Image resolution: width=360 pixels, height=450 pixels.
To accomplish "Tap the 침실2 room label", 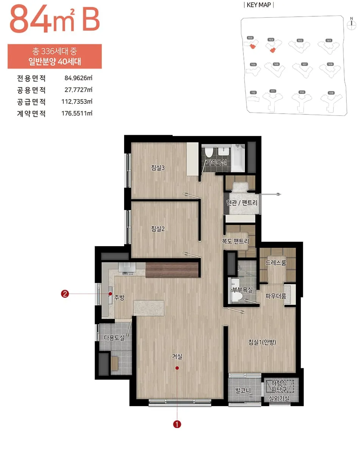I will coord(157,228).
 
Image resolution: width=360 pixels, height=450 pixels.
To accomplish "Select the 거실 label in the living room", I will coord(177,356).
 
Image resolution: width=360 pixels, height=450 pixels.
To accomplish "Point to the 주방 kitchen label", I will coord(119,297).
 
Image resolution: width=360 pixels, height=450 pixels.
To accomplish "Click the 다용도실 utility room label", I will coord(114,337).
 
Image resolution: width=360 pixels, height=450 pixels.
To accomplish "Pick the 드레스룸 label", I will coord(276,262).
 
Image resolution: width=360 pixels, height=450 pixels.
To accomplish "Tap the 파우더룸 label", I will coord(276,296).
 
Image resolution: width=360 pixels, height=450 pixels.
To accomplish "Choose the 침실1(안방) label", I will coord(263,342).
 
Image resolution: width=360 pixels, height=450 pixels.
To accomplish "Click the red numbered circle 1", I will coord(177,424).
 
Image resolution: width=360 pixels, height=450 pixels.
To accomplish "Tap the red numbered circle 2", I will coord(65,294).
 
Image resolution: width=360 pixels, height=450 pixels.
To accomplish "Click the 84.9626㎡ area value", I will coord(79,78).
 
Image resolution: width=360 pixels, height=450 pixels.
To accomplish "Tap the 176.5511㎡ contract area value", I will coord(77,113).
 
